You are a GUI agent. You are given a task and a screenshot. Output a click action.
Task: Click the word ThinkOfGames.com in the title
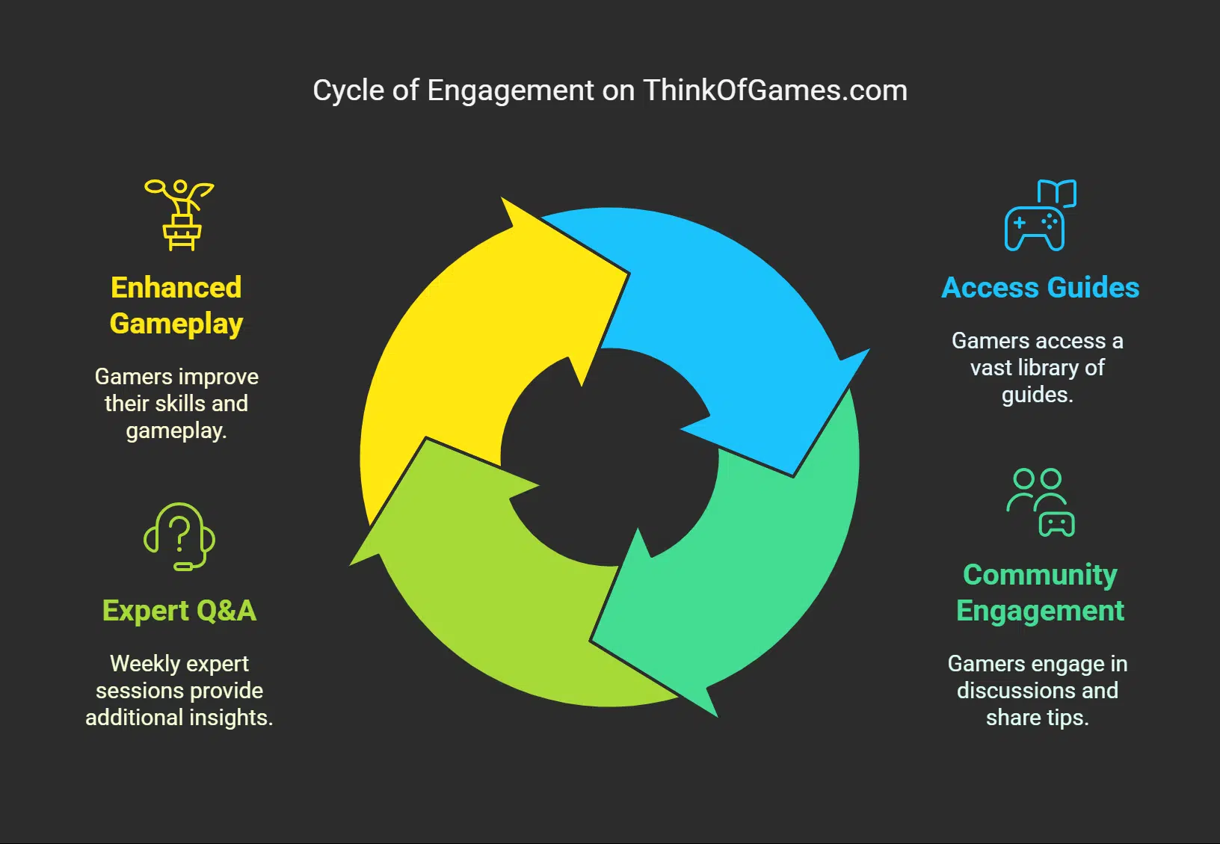coord(774,90)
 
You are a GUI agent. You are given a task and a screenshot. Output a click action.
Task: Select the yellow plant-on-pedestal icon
coord(179,215)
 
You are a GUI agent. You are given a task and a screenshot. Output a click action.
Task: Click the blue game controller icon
coord(1039,217)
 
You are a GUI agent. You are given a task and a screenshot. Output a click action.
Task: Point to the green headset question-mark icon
coord(179,537)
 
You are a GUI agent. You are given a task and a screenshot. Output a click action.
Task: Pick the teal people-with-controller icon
coord(1041,502)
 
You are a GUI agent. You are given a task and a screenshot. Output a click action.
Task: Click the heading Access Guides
coord(1040,288)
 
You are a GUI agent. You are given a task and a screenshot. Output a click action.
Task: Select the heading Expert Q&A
coord(179,611)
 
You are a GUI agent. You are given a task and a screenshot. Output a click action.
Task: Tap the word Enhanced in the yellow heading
coord(176,288)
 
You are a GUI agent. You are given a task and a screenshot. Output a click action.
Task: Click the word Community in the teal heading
coord(1040,575)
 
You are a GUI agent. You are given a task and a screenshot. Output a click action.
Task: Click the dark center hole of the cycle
coord(609,456)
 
